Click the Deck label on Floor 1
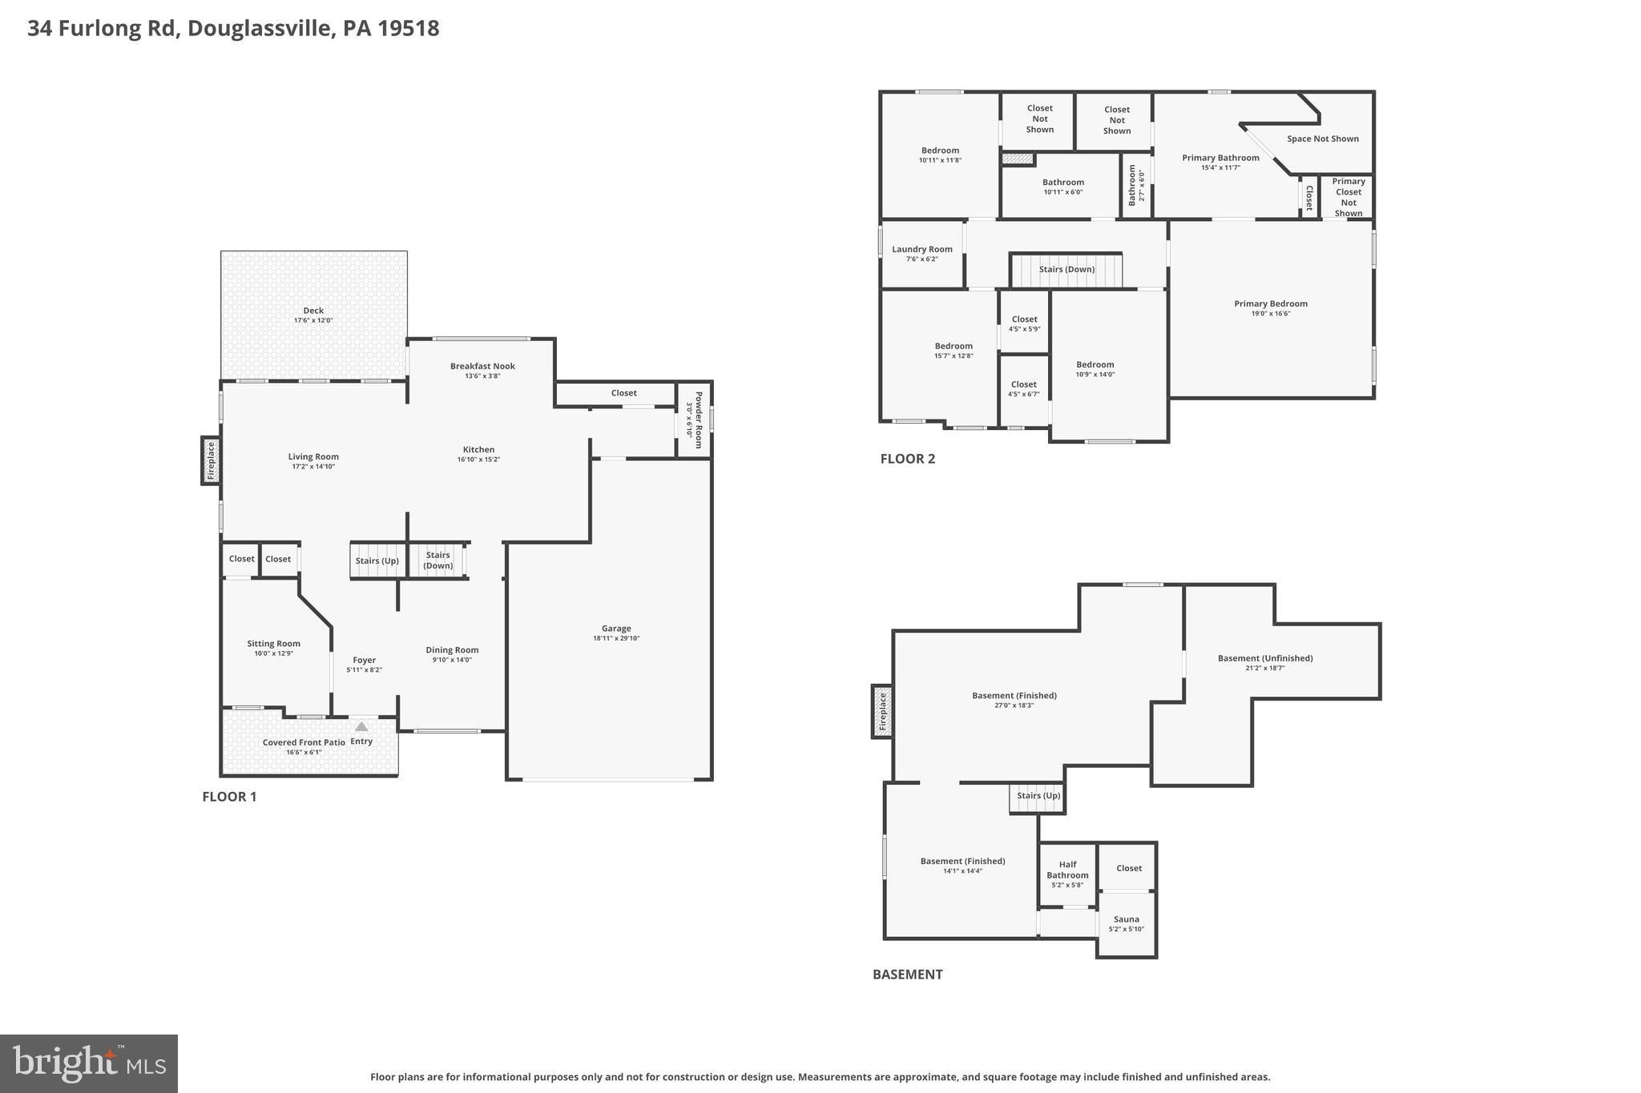click(313, 311)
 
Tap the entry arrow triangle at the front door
click(361, 727)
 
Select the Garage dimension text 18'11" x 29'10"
click(616, 638)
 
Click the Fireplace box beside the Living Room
click(211, 460)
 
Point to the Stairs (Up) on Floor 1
click(377, 561)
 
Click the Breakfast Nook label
click(482, 366)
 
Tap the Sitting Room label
click(273, 643)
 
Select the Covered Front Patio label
click(304, 742)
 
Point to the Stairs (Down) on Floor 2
click(1066, 270)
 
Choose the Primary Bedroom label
click(1270, 303)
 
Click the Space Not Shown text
click(1322, 139)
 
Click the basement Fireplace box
click(882, 711)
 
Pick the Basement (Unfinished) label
click(1264, 658)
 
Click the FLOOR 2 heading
click(907, 459)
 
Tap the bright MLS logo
click(89, 1063)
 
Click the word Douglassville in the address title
click(260, 28)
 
